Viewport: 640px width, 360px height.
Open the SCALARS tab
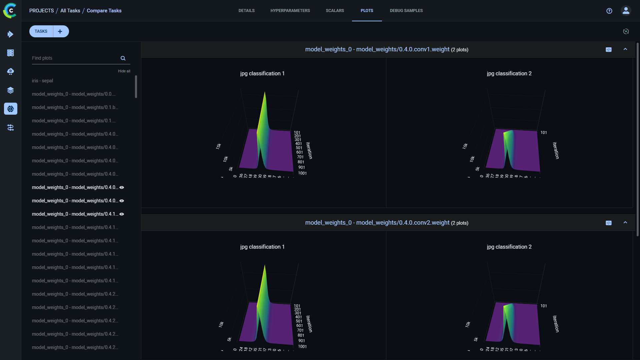coord(335,11)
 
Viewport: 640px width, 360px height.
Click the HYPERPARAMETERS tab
coord(290,11)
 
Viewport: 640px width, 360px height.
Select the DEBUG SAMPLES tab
coord(406,11)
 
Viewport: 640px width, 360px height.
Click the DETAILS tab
coord(246,11)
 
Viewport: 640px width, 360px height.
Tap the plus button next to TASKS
coord(60,31)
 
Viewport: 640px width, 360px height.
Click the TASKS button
coord(41,31)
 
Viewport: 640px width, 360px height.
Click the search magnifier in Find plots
coord(123,58)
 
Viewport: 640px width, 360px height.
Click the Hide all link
coord(124,71)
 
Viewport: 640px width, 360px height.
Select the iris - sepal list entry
coord(42,81)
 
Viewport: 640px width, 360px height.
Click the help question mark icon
coord(609,11)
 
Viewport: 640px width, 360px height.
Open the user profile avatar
coord(626,11)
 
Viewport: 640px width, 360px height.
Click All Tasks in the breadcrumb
coord(70,11)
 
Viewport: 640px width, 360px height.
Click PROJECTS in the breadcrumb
coord(41,11)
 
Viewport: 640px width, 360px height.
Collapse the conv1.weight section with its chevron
coord(625,49)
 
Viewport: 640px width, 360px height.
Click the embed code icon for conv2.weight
coord(608,223)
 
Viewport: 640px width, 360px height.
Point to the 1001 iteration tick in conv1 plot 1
coord(302,173)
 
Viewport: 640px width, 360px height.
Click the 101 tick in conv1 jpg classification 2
coord(543,133)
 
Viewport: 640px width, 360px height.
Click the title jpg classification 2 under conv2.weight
coord(509,247)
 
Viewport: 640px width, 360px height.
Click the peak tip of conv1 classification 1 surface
coord(265,92)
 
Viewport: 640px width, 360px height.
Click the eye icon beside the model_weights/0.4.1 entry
coord(122,214)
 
